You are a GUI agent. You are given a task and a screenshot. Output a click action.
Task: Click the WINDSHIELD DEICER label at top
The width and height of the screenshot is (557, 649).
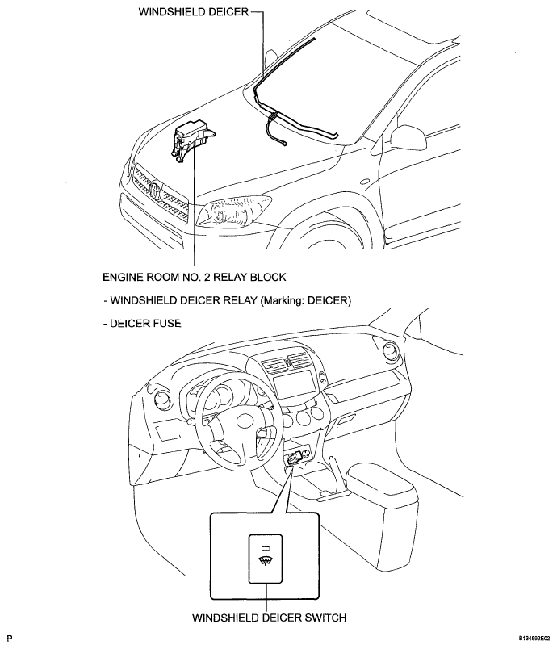click(194, 11)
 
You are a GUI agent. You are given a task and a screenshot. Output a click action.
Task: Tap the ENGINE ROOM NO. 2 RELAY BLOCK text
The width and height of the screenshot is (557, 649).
click(194, 277)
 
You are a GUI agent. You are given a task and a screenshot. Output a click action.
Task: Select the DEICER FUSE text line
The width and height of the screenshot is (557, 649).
click(142, 323)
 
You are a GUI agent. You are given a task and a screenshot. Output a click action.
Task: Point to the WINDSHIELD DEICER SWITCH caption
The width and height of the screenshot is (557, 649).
click(269, 618)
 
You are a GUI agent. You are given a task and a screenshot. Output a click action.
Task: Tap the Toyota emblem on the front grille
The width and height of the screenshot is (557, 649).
click(157, 191)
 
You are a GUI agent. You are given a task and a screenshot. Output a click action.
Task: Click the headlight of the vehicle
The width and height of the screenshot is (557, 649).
click(233, 211)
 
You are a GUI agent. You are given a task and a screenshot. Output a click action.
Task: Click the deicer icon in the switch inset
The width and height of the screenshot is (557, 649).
click(266, 561)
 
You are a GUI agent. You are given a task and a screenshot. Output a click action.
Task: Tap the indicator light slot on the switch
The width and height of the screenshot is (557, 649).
click(266, 548)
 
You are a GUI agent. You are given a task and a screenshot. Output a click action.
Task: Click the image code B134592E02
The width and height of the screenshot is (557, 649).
click(534, 639)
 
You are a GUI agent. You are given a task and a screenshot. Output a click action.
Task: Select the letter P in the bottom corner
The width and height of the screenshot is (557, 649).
click(10, 639)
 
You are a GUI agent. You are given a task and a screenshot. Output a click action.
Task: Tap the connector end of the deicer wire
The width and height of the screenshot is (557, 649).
click(285, 144)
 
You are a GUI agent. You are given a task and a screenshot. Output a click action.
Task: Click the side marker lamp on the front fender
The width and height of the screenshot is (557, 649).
click(365, 182)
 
